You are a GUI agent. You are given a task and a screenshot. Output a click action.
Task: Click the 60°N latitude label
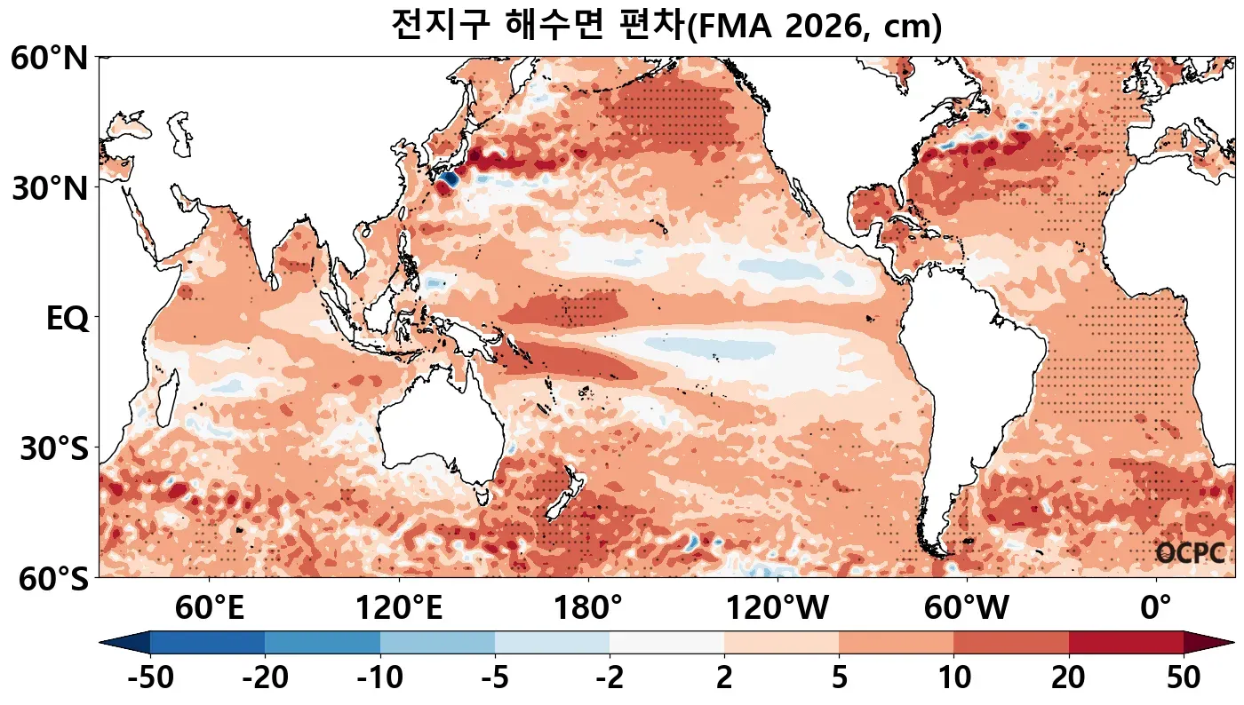[x=49, y=59]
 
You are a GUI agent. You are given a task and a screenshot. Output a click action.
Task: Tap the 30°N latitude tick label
[x=49, y=189]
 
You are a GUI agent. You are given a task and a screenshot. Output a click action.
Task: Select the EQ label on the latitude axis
[x=68, y=319]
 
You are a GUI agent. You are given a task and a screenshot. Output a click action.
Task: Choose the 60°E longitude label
[x=210, y=609]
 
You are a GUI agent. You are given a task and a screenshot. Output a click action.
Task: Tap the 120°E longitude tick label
[x=399, y=609]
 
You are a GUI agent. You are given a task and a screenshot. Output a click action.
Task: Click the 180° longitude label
[x=588, y=609]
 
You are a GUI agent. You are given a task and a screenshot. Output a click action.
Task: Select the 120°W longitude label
[x=777, y=609]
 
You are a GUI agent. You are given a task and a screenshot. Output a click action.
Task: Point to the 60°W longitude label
[x=967, y=609]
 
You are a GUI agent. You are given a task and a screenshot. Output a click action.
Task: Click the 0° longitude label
[x=1156, y=609]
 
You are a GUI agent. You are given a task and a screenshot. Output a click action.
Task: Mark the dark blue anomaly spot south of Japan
[x=446, y=179]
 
